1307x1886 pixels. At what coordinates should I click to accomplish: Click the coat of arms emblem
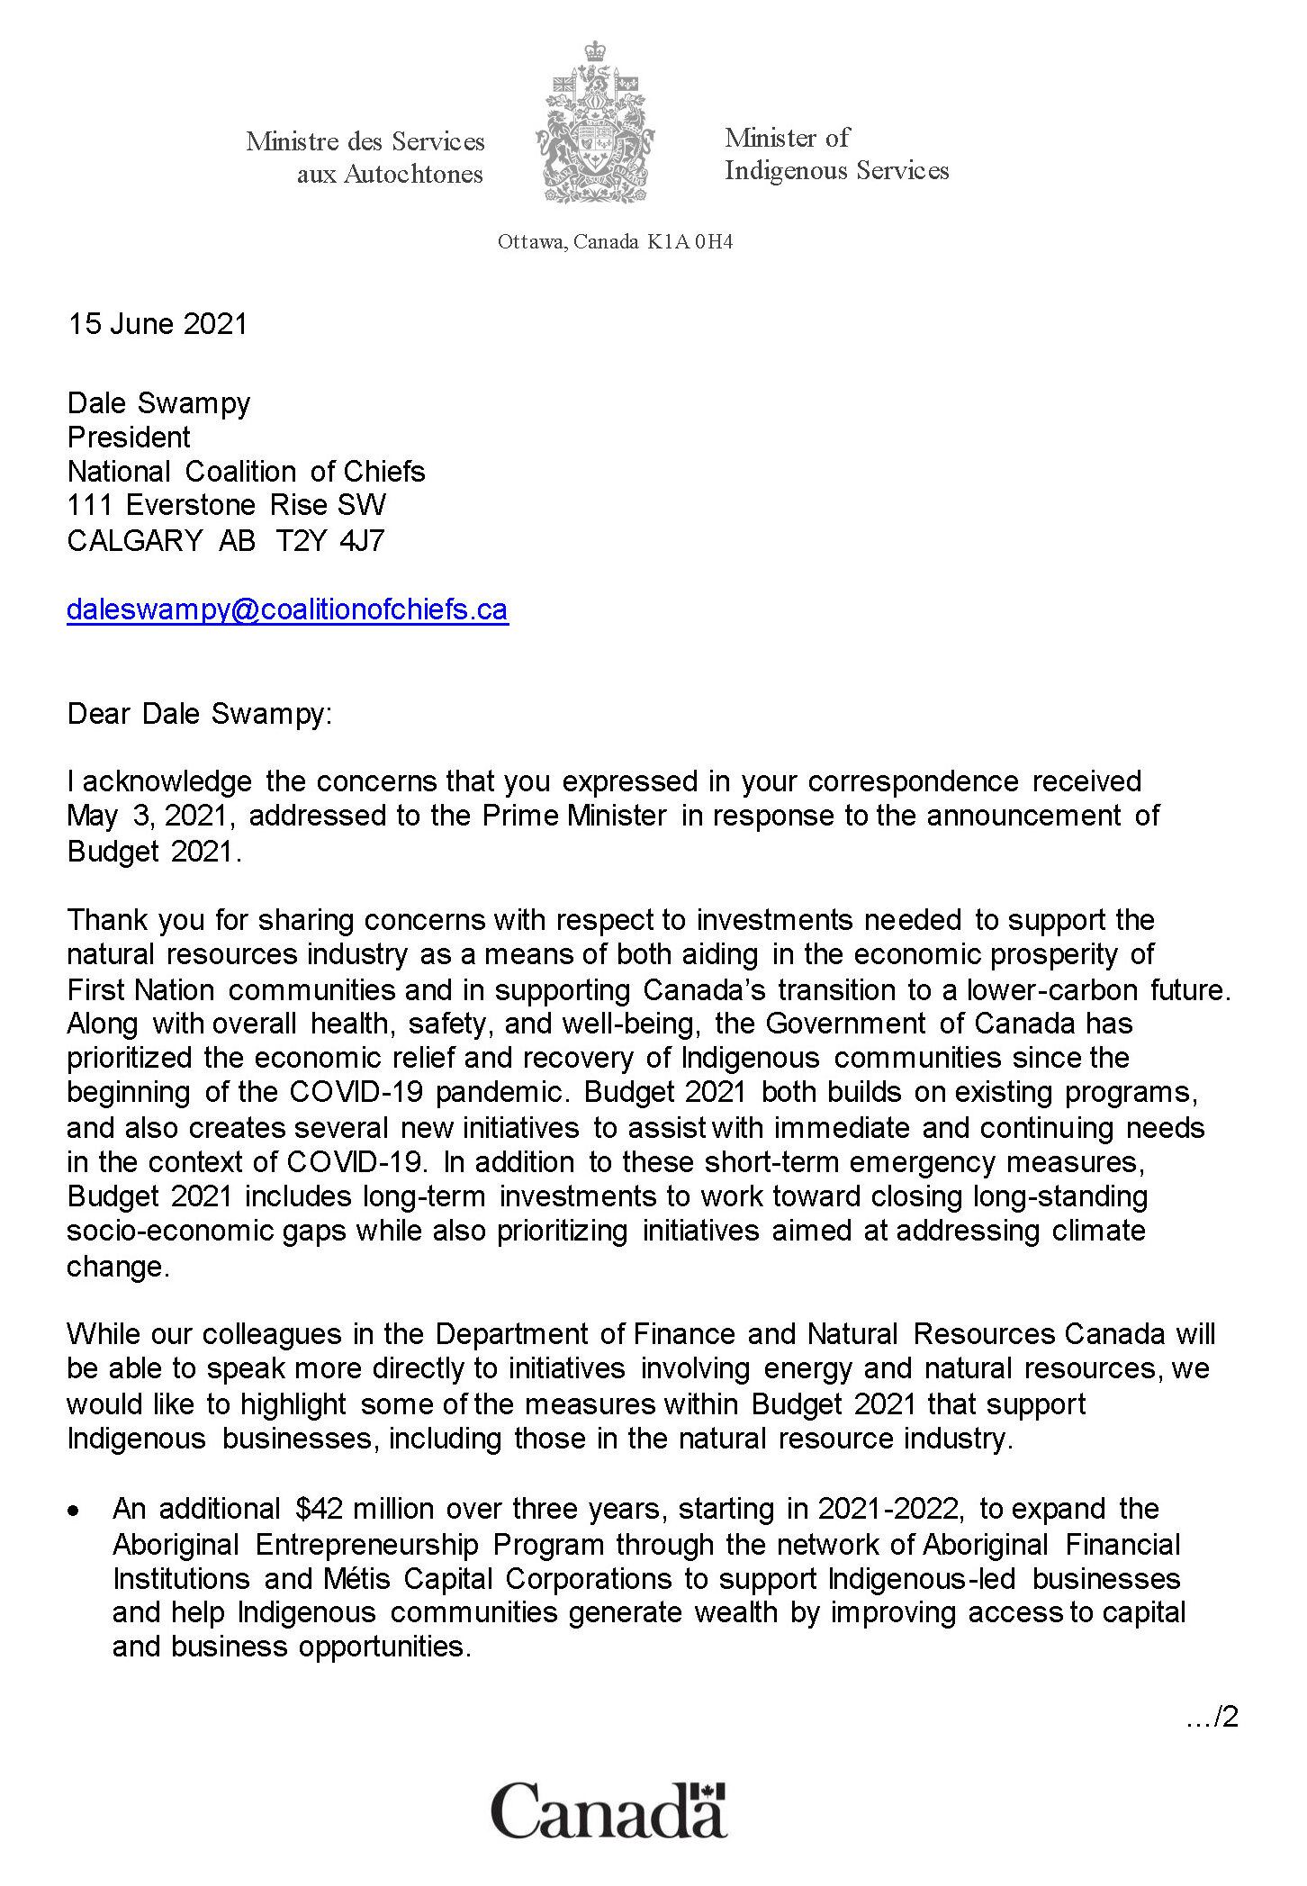594,123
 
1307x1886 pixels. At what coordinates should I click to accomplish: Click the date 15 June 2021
158,324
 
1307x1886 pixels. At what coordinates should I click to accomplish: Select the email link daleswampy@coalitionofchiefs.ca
287,609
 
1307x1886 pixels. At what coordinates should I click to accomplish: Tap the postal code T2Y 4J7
330,540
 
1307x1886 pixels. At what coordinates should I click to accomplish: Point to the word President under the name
129,438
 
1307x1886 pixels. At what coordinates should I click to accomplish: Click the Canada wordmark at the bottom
608,1810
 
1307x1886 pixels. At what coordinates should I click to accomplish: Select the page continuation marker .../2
1212,1717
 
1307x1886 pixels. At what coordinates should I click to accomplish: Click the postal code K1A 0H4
690,241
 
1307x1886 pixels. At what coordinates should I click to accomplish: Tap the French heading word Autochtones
414,174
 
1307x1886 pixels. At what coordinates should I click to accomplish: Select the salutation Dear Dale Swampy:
200,714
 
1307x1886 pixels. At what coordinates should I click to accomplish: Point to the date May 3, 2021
151,816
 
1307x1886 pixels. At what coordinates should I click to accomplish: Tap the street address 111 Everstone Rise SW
227,505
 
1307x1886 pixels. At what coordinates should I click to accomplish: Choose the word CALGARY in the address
135,540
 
